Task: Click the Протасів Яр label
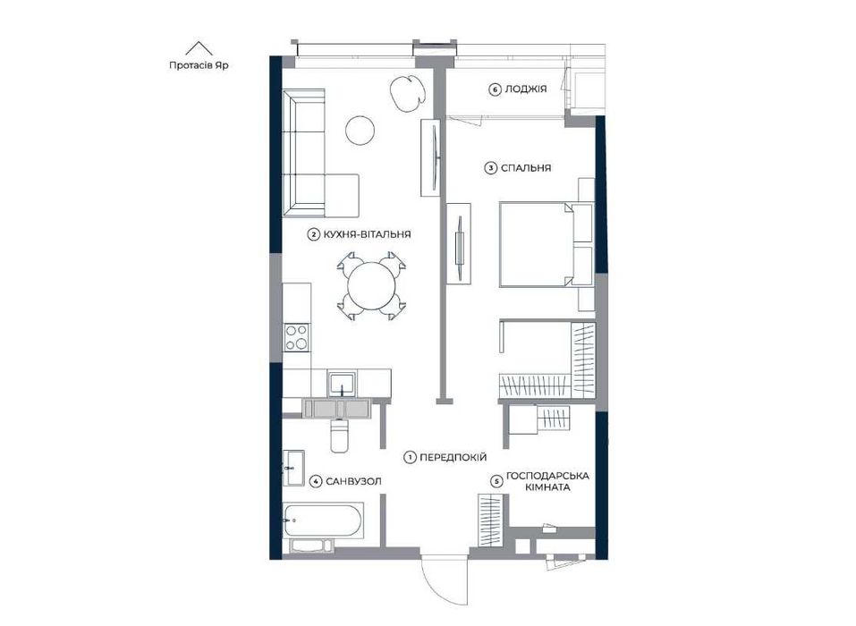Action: [x=199, y=65]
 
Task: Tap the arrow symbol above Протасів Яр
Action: [x=199, y=48]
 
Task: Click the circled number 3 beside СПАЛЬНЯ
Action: [x=491, y=168]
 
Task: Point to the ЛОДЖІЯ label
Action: [x=526, y=89]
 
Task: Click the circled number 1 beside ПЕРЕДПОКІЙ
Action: [x=410, y=458]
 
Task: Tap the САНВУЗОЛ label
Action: [x=353, y=481]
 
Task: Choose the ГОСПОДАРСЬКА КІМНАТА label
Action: [x=547, y=481]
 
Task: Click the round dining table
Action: [x=372, y=286]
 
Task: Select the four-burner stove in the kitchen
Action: [x=297, y=337]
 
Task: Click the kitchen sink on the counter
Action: [x=342, y=383]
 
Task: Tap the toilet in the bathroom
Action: [x=339, y=436]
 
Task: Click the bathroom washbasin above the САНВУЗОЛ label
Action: [x=293, y=468]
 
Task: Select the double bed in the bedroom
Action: [x=546, y=244]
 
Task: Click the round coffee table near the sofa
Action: [x=360, y=131]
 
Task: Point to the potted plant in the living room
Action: [x=407, y=93]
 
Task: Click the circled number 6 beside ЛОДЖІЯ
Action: [x=495, y=89]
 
